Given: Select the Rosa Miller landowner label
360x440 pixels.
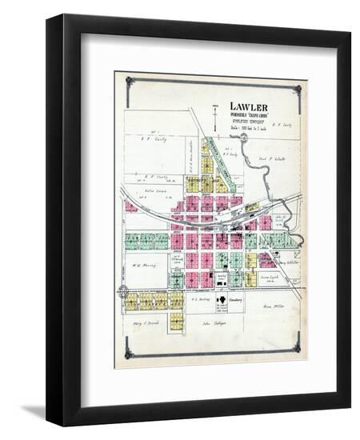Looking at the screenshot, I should tap(273, 306).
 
